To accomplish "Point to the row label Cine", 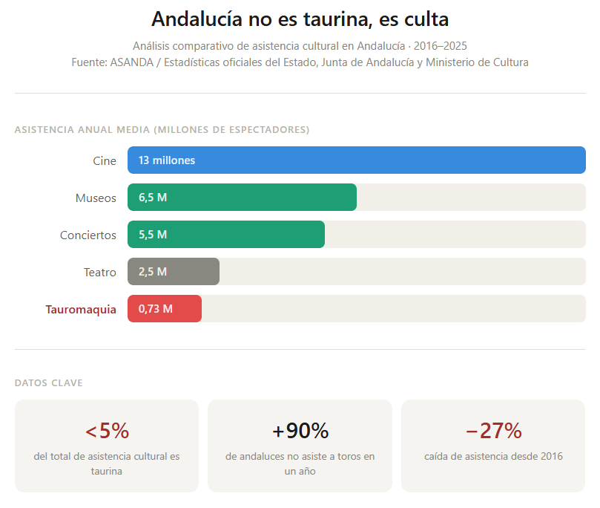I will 105,161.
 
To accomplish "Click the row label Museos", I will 96,198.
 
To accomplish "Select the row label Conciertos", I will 88,235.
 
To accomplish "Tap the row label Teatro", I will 100,273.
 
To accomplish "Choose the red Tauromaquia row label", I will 81,310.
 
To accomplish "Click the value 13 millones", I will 167,160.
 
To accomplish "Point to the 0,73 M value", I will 156,309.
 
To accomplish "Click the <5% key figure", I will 107,431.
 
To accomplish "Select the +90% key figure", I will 300,431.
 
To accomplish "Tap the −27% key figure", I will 493,431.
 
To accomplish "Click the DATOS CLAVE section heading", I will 49,383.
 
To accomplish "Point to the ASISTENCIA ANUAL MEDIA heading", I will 162,130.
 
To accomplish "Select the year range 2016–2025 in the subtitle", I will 441,46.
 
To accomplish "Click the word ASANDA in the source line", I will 130,62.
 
